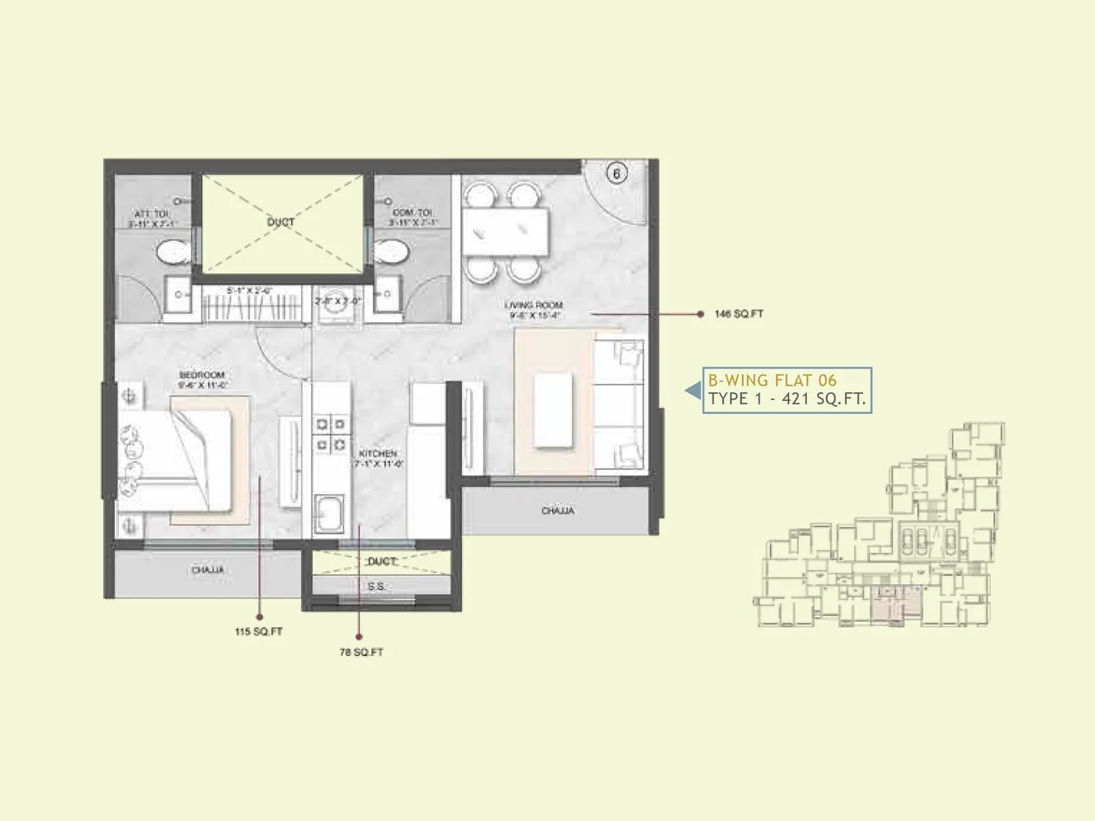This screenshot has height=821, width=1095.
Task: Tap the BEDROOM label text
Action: tap(202, 376)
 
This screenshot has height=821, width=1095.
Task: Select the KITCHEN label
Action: tap(377, 454)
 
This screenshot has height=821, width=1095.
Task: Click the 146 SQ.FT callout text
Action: tap(738, 314)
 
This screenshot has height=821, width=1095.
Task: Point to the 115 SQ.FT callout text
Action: tap(259, 631)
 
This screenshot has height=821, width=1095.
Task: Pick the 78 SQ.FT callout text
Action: tap(361, 652)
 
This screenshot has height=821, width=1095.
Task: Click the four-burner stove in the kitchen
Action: tap(329, 434)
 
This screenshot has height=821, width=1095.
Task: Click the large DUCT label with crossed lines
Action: tap(281, 222)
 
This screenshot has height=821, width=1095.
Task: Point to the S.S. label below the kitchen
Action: tap(376, 587)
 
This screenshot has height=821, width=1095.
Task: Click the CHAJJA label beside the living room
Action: tap(558, 510)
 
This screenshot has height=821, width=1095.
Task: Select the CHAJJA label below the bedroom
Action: tap(207, 570)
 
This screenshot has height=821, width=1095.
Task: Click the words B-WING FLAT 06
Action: tap(772, 380)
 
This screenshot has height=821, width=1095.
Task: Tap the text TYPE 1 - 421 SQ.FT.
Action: tap(787, 399)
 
